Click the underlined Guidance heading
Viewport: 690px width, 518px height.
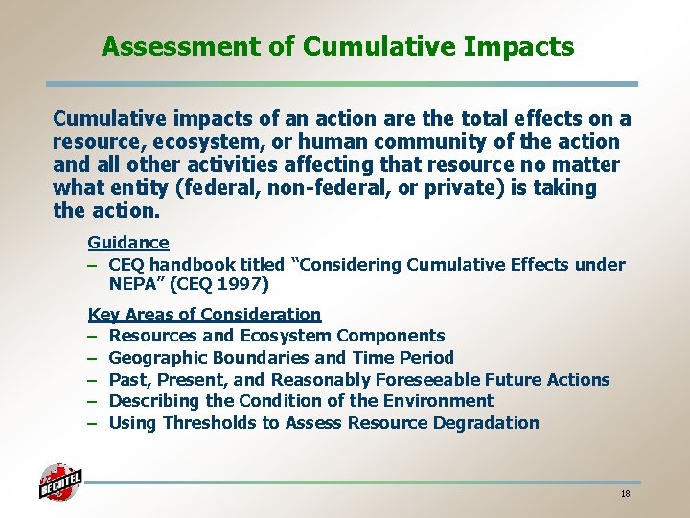tap(128, 243)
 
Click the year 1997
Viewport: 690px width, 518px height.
tap(244, 285)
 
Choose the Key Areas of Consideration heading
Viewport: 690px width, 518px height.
tap(204, 314)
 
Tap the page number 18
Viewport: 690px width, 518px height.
tap(625, 494)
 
